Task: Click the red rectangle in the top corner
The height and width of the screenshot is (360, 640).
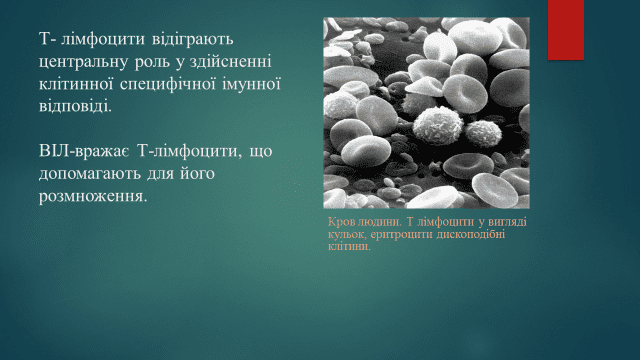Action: (566, 30)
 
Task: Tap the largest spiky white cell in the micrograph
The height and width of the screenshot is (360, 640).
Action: (438, 125)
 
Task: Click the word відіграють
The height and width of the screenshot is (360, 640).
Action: (193, 40)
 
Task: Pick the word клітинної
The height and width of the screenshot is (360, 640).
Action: (76, 84)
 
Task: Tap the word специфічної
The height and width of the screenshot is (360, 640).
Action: (168, 84)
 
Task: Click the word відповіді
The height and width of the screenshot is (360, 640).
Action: (76, 107)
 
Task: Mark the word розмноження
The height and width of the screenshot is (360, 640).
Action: (93, 197)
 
